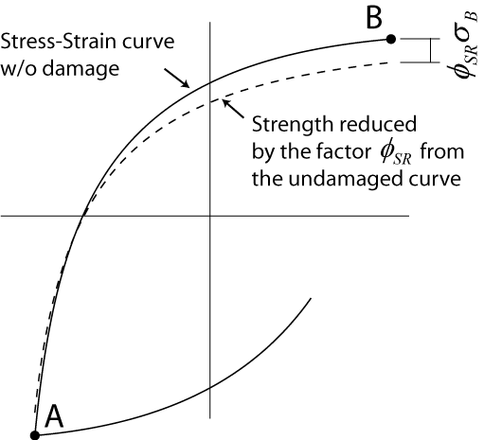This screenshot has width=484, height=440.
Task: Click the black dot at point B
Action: pos(391,39)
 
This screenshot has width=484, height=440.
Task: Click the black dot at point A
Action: pos(35,435)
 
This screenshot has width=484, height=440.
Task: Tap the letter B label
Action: pos(374,18)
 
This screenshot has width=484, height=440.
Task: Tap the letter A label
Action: pos(54,416)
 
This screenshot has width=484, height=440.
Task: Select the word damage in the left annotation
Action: pos(81,69)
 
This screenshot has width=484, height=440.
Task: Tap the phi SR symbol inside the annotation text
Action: pos(396,154)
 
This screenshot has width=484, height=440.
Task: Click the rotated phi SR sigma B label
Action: pos(464,45)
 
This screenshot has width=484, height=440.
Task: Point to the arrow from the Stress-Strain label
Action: pos(177,78)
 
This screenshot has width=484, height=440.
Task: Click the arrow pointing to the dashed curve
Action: pos(233,109)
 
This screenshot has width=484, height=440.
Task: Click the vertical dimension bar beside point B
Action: pos(430,50)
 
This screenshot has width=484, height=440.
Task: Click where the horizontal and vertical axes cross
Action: pos(210,216)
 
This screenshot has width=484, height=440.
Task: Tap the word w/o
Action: pos(18,68)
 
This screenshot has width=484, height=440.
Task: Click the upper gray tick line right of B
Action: pos(420,39)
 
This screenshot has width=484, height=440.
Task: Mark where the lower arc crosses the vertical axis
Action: pos(210,388)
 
